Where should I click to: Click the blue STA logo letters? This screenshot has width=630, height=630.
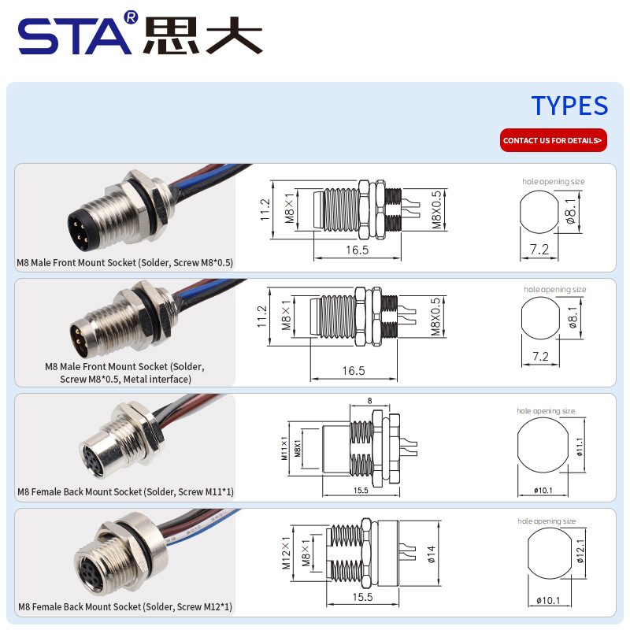click(75, 35)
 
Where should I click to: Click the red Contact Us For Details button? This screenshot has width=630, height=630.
click(554, 140)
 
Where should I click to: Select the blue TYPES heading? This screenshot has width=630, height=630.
click(569, 106)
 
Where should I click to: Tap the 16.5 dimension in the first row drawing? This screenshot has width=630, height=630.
click(358, 250)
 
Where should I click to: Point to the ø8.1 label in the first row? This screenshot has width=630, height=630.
click(570, 211)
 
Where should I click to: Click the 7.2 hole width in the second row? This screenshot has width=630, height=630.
click(540, 357)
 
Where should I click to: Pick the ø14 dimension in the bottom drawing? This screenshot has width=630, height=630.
click(431, 554)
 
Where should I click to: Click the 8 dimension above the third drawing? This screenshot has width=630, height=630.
click(369, 401)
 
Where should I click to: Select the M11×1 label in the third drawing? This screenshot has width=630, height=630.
click(284, 448)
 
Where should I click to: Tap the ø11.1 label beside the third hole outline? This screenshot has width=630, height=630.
click(580, 447)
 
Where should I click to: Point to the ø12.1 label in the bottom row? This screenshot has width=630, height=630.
click(580, 550)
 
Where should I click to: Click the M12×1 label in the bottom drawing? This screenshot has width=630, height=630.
click(286, 553)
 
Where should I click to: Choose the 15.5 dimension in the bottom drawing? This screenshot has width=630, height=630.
click(362, 597)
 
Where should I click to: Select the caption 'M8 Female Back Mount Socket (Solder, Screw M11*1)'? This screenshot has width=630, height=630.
click(125, 491)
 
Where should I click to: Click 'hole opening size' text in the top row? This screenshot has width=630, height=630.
click(554, 181)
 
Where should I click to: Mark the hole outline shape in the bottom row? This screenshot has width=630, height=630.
click(548, 554)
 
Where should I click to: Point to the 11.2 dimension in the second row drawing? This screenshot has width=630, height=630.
click(262, 317)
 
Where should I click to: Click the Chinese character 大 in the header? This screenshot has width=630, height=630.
click(234, 35)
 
